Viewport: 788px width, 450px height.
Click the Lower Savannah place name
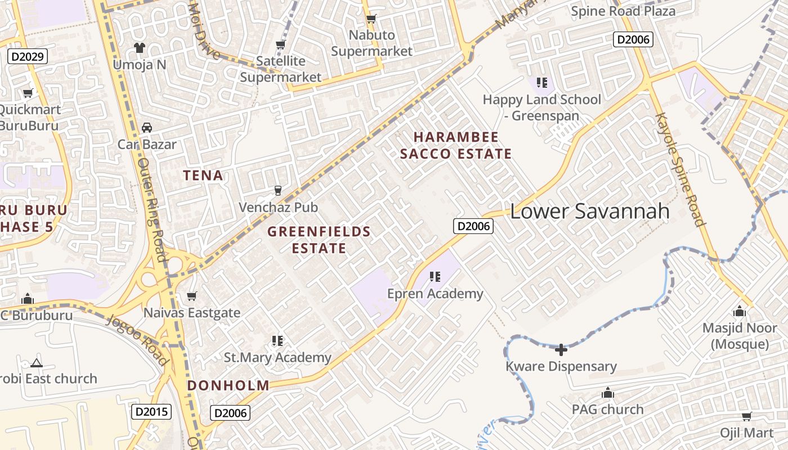(590, 211)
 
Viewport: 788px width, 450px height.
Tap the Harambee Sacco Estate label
(456, 145)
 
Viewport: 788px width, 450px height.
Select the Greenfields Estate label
(319, 240)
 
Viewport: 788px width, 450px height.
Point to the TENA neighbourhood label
(203, 175)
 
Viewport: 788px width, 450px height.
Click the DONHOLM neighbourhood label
(228, 385)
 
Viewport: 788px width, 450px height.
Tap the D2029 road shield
(28, 56)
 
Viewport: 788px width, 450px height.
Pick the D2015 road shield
(151, 412)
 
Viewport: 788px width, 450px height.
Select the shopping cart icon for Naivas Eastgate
(192, 296)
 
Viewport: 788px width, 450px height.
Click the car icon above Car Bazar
(147, 128)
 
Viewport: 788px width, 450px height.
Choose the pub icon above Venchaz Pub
(277, 191)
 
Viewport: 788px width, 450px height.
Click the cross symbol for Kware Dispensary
(561, 350)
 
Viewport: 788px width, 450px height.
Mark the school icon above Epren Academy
(435, 277)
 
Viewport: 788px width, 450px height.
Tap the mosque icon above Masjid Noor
(740, 311)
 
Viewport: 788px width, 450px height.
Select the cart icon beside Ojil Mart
(746, 416)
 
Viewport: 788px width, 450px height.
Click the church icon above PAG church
(608, 393)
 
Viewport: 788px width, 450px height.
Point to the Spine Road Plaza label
(623, 11)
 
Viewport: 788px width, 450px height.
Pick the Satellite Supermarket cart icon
(280, 44)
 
